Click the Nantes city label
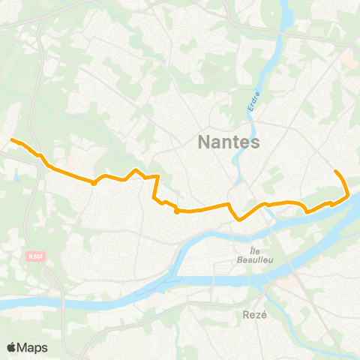(x=228, y=142)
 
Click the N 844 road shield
(x=34, y=256)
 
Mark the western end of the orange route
(x=11, y=139)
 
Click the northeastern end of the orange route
(x=335, y=172)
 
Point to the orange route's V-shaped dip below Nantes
(x=239, y=220)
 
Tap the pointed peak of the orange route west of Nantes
(x=136, y=170)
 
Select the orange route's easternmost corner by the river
(x=349, y=196)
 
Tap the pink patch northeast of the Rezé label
(x=286, y=283)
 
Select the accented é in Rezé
(x=264, y=315)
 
